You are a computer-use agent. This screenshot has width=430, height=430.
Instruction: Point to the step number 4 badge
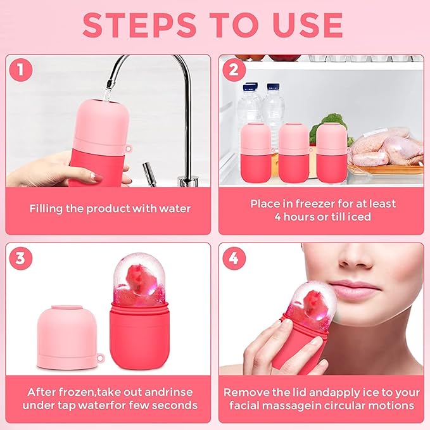(x=234, y=258)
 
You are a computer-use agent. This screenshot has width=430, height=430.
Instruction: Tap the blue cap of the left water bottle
(x=251, y=85)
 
